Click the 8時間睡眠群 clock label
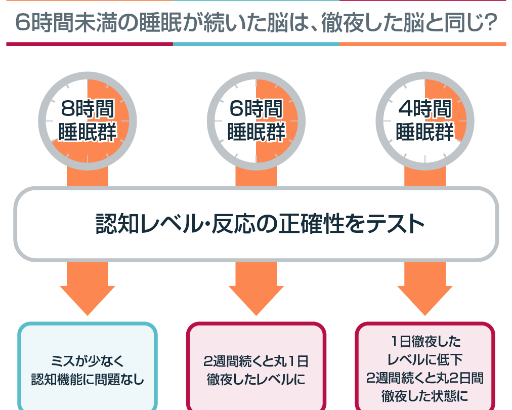(x=87, y=120)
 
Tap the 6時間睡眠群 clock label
(x=256, y=120)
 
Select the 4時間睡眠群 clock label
(x=424, y=120)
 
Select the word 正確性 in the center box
(x=304, y=224)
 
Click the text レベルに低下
(x=424, y=359)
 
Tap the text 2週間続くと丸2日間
(x=424, y=378)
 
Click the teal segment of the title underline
(x=256, y=44)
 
